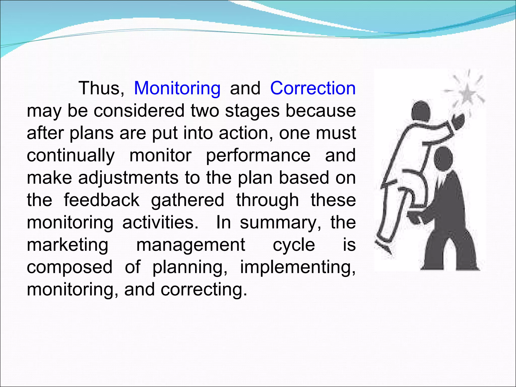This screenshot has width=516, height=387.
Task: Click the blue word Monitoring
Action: [x=177, y=89]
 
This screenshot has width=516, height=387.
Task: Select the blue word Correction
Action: [x=313, y=89]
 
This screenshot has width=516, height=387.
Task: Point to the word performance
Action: [x=258, y=155]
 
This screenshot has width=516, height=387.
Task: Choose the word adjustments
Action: [x=128, y=178]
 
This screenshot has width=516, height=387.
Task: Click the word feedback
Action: [x=101, y=200]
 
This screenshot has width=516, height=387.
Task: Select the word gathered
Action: [x=187, y=200]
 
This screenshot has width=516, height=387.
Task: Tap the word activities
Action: [x=160, y=222]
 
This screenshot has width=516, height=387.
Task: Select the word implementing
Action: [x=298, y=267]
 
